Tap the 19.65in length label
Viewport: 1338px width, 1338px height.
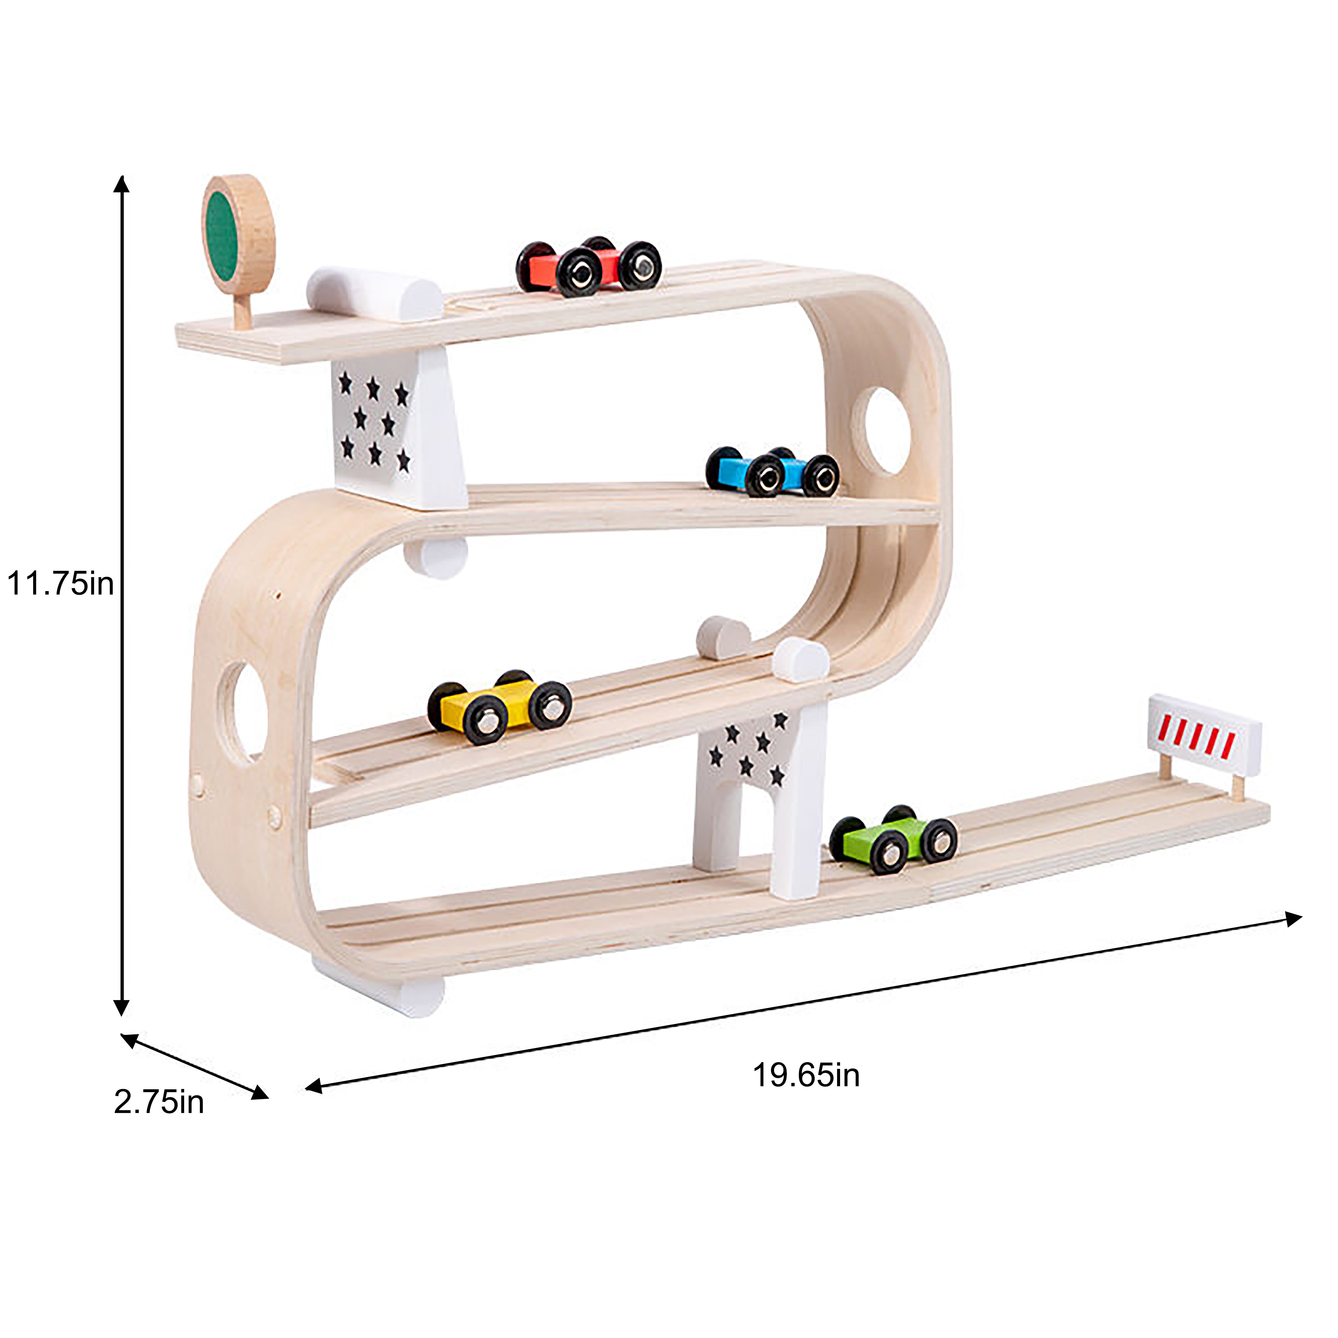806,1075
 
